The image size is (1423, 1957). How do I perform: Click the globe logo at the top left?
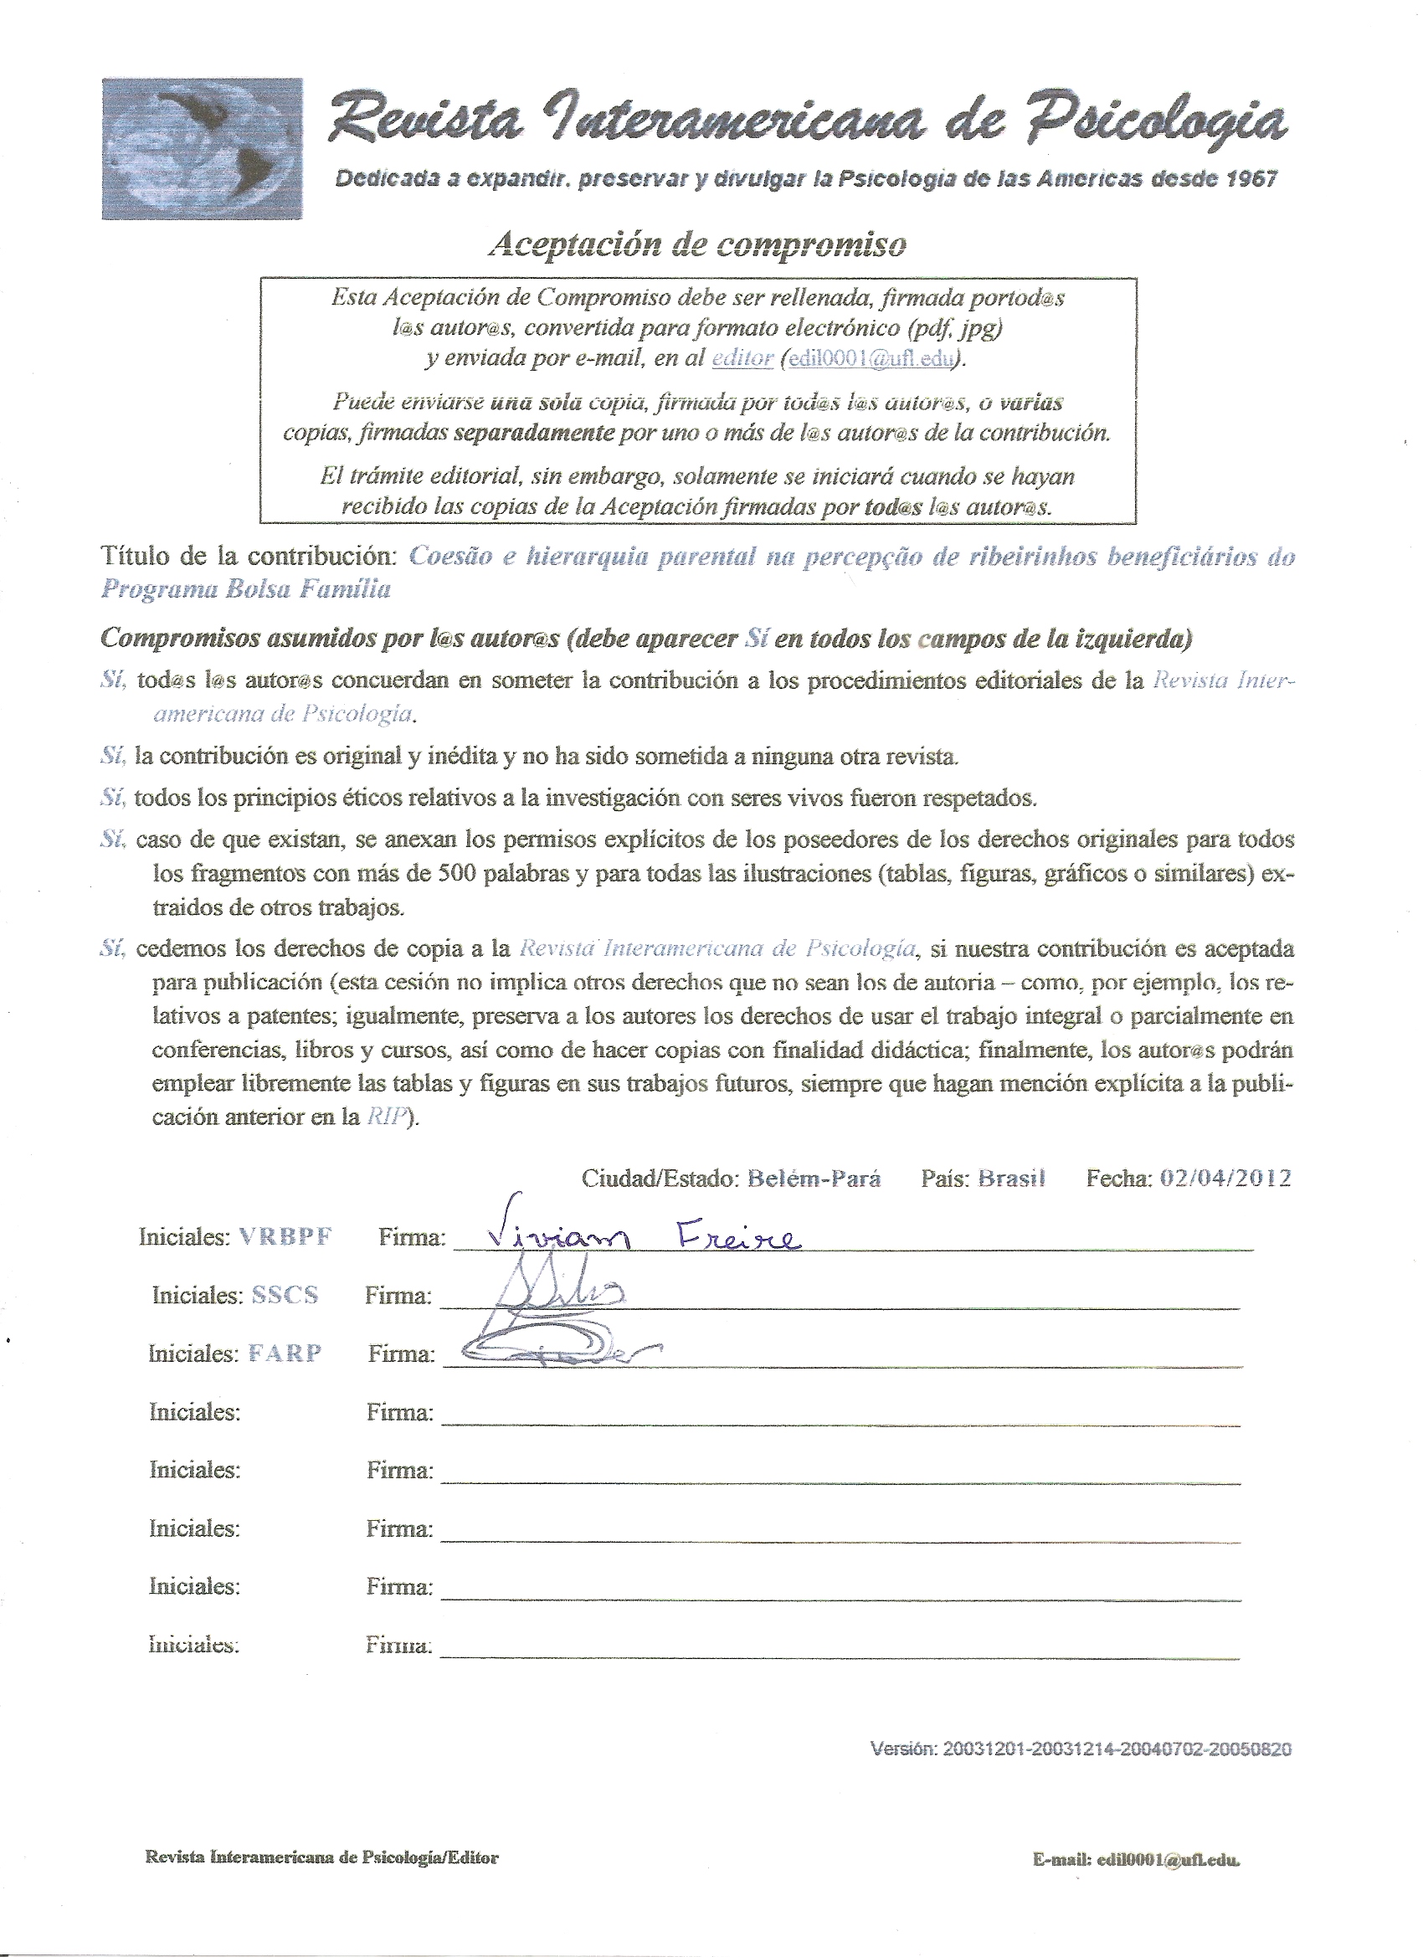click(202, 147)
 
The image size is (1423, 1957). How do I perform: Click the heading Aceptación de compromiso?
click(697, 245)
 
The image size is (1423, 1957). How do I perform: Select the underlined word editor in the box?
click(742, 358)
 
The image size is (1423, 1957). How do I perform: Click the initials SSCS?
click(285, 1295)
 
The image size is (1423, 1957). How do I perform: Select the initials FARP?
click(285, 1353)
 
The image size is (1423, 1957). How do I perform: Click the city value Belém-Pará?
click(814, 1179)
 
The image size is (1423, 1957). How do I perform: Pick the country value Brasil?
click(1011, 1179)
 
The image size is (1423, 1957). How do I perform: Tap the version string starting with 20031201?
click(1117, 1749)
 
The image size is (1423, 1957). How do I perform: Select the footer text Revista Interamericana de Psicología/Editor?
click(322, 1857)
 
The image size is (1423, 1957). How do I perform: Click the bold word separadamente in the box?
click(533, 432)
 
